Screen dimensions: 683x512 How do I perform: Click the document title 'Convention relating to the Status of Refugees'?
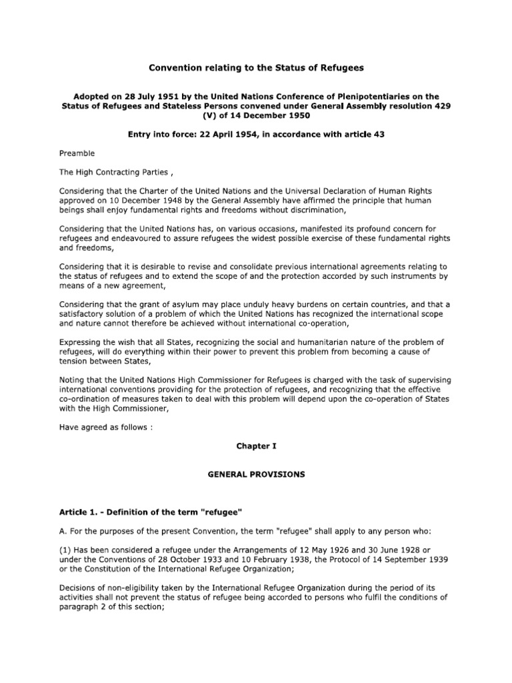tap(256, 69)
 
